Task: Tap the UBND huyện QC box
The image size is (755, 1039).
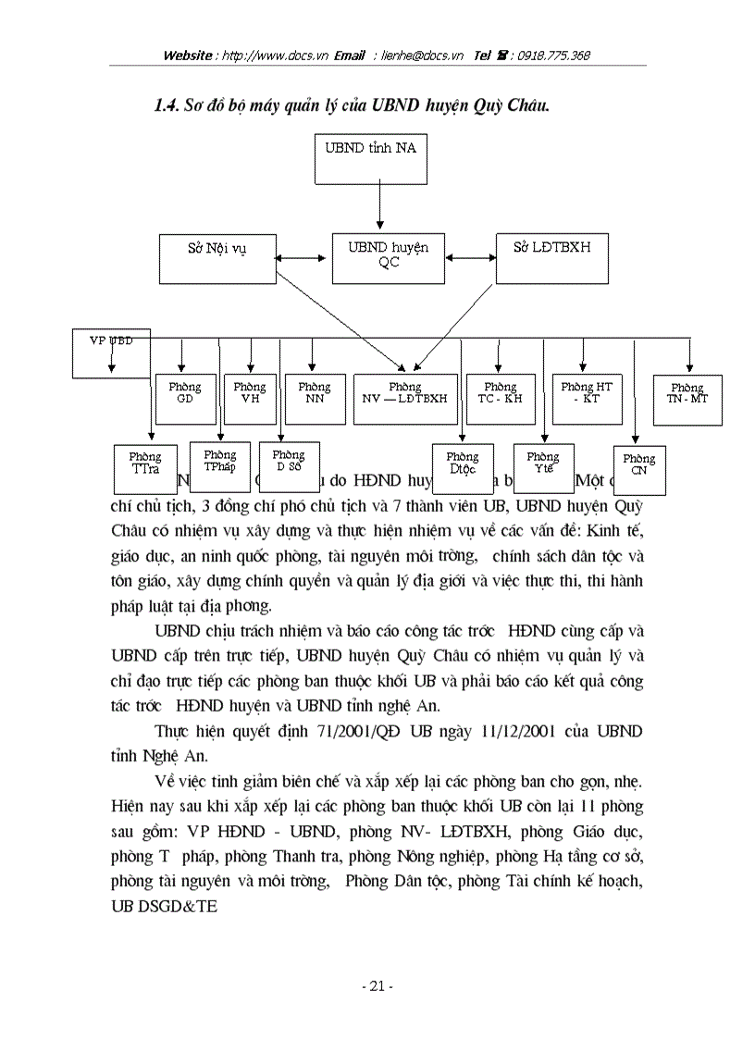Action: point(388,257)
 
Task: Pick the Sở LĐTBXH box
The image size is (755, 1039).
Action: point(552,257)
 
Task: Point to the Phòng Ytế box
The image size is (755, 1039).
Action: point(543,468)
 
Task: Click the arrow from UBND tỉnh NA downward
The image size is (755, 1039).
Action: point(379,208)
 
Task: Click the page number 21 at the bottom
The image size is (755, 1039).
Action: point(377,986)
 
